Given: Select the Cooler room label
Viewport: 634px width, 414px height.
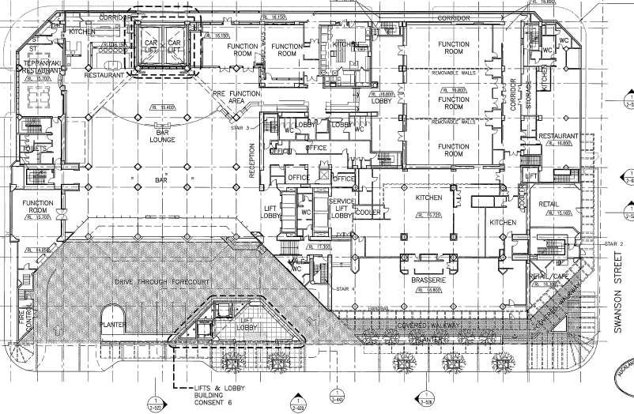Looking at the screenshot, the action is [x=368, y=213].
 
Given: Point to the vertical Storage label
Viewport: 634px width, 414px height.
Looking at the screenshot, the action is [x=529, y=97].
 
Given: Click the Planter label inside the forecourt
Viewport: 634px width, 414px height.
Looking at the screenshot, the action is [x=113, y=324].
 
